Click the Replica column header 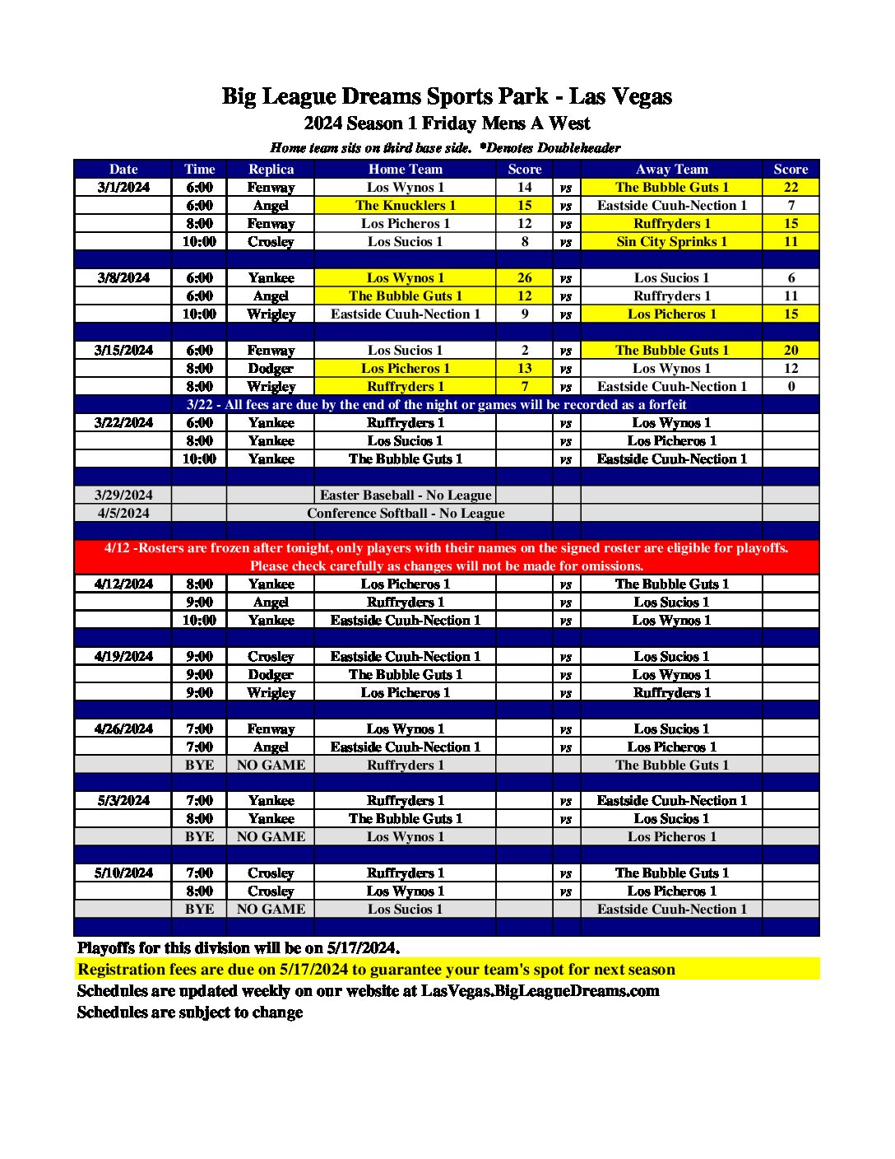click(x=271, y=169)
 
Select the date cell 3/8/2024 click(x=123, y=277)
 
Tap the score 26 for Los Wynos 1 click(x=524, y=277)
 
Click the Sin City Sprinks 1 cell click(x=671, y=241)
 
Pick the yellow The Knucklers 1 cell click(x=405, y=205)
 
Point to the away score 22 click(x=791, y=187)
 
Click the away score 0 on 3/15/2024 click(x=791, y=386)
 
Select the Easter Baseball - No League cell click(x=405, y=495)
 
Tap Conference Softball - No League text click(x=406, y=513)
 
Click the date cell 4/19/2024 click(x=123, y=656)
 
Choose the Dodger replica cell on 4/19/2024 click(x=271, y=674)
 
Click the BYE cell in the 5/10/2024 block click(x=199, y=909)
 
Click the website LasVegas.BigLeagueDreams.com click(x=540, y=990)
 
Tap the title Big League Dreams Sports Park click(x=385, y=96)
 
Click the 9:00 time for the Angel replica click(x=199, y=602)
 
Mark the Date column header click(x=123, y=169)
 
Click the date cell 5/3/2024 click(x=123, y=800)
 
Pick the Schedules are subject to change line click(x=190, y=1012)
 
